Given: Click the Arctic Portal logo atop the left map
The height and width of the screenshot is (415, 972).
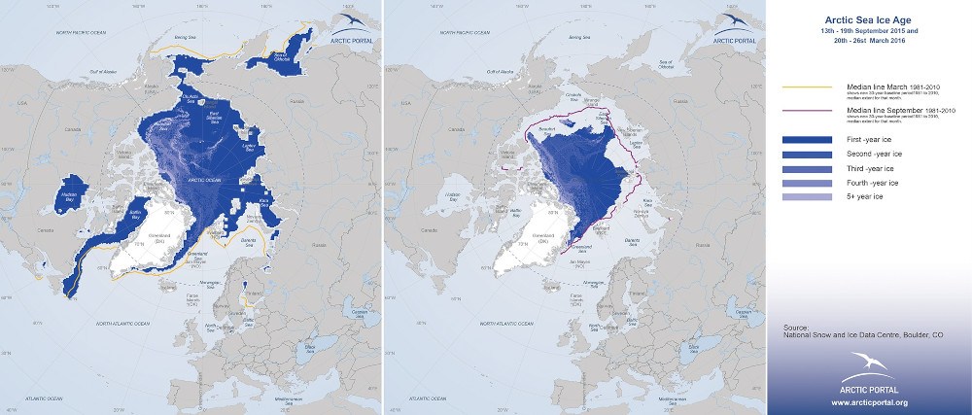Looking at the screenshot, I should coord(351,29).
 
